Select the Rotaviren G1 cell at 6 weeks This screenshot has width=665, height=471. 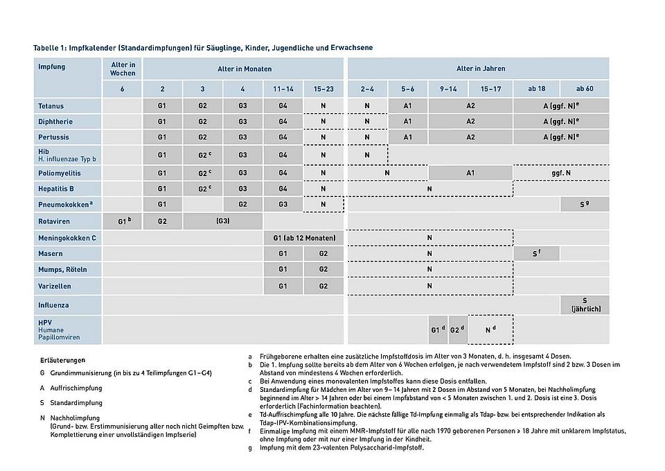pyautogui.click(x=123, y=221)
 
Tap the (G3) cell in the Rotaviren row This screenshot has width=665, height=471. pyautogui.click(x=222, y=221)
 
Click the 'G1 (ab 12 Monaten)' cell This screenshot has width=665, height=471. pyautogui.click(x=303, y=238)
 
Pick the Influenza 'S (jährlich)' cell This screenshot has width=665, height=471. pyautogui.click(x=585, y=305)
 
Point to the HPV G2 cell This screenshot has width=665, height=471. pyautogui.click(x=457, y=329)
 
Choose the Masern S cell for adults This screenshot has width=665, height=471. pyautogui.click(x=536, y=254)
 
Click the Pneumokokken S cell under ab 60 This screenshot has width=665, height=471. pyautogui.click(x=585, y=205)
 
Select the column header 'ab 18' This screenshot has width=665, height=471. pyautogui.click(x=536, y=89)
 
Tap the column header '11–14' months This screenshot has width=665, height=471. pyautogui.click(x=283, y=89)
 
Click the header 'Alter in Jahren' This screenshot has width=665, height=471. pyautogui.click(x=480, y=69)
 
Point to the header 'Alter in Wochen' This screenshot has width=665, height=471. pyautogui.click(x=123, y=69)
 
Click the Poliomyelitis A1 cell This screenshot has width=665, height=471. pyautogui.click(x=470, y=173)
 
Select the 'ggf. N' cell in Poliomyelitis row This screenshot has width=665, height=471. pyautogui.click(x=561, y=173)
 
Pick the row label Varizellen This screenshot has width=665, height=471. pyautogui.click(x=55, y=286)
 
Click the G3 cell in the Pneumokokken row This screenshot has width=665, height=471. pyautogui.click(x=283, y=205)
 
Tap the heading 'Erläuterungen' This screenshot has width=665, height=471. pyautogui.click(x=63, y=360)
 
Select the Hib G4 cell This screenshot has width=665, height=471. pyautogui.click(x=283, y=155)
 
